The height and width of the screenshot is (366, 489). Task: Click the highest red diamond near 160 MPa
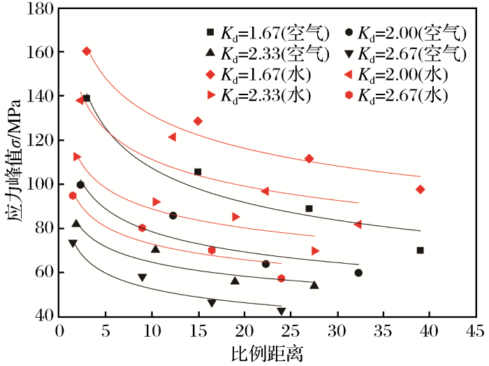click(x=87, y=51)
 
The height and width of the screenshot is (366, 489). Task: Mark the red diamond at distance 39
click(x=421, y=190)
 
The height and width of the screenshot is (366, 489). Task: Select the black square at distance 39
click(x=421, y=251)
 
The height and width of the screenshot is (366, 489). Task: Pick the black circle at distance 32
click(x=358, y=273)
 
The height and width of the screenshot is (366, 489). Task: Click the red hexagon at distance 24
click(x=282, y=279)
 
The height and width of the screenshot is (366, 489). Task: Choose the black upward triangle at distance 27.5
click(x=314, y=285)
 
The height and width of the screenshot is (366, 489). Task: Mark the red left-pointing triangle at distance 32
click(x=358, y=225)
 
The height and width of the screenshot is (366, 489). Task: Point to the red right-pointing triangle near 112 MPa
click(x=77, y=157)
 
